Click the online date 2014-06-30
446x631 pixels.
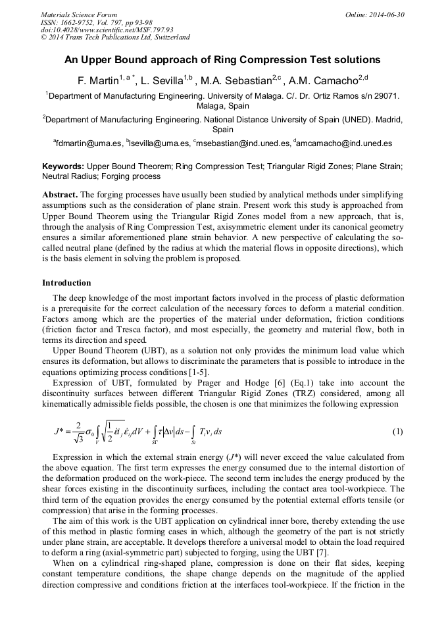385,14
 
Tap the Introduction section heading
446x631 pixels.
66,283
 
